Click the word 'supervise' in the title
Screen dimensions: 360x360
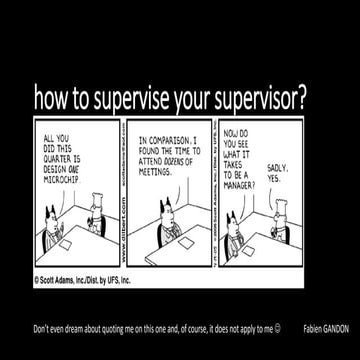click(x=126, y=98)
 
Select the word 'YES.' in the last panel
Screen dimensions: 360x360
click(x=275, y=177)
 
